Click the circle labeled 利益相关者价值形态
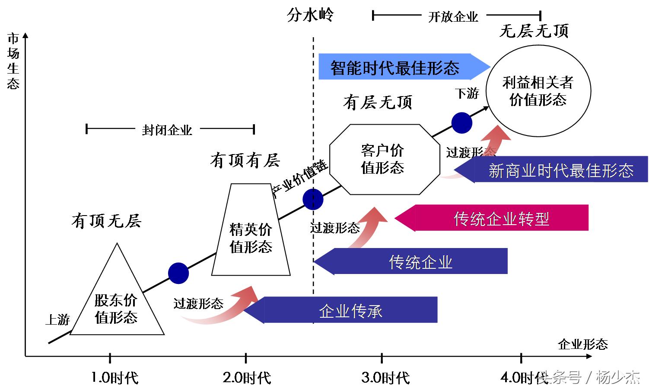pos(538,91)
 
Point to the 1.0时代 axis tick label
pos(115,378)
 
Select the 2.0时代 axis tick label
pos(247,378)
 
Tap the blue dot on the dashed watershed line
pos(313,200)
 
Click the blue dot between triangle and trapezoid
pos(178,273)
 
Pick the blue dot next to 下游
pos(461,122)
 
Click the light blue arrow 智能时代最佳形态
pos(398,67)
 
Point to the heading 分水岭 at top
pos(310,16)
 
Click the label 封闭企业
pos(167,130)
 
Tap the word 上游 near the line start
pos(57,320)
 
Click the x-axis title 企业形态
pos(582,345)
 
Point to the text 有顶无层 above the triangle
pos(106,221)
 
